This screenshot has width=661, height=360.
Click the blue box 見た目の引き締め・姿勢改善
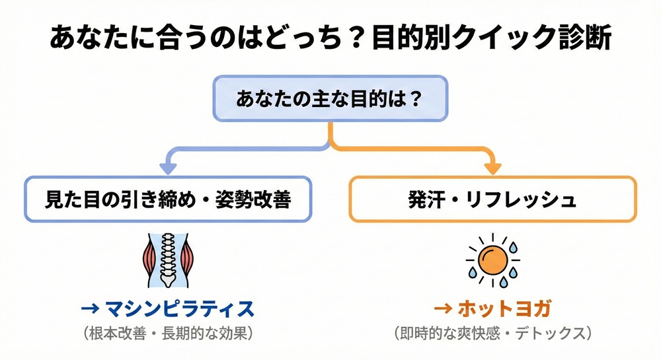click(167, 199)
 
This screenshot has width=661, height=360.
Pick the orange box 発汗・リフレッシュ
click(492, 199)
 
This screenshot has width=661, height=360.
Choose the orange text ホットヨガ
click(504, 308)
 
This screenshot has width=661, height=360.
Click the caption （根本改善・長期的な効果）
click(167, 333)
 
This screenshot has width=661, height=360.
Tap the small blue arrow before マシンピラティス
click(90, 308)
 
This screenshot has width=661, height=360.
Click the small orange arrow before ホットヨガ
click(441, 308)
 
